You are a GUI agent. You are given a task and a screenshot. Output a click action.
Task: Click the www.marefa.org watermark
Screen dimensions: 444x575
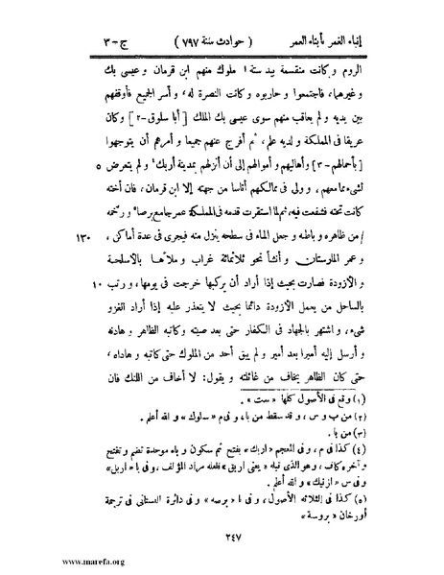[x=44, y=560]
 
